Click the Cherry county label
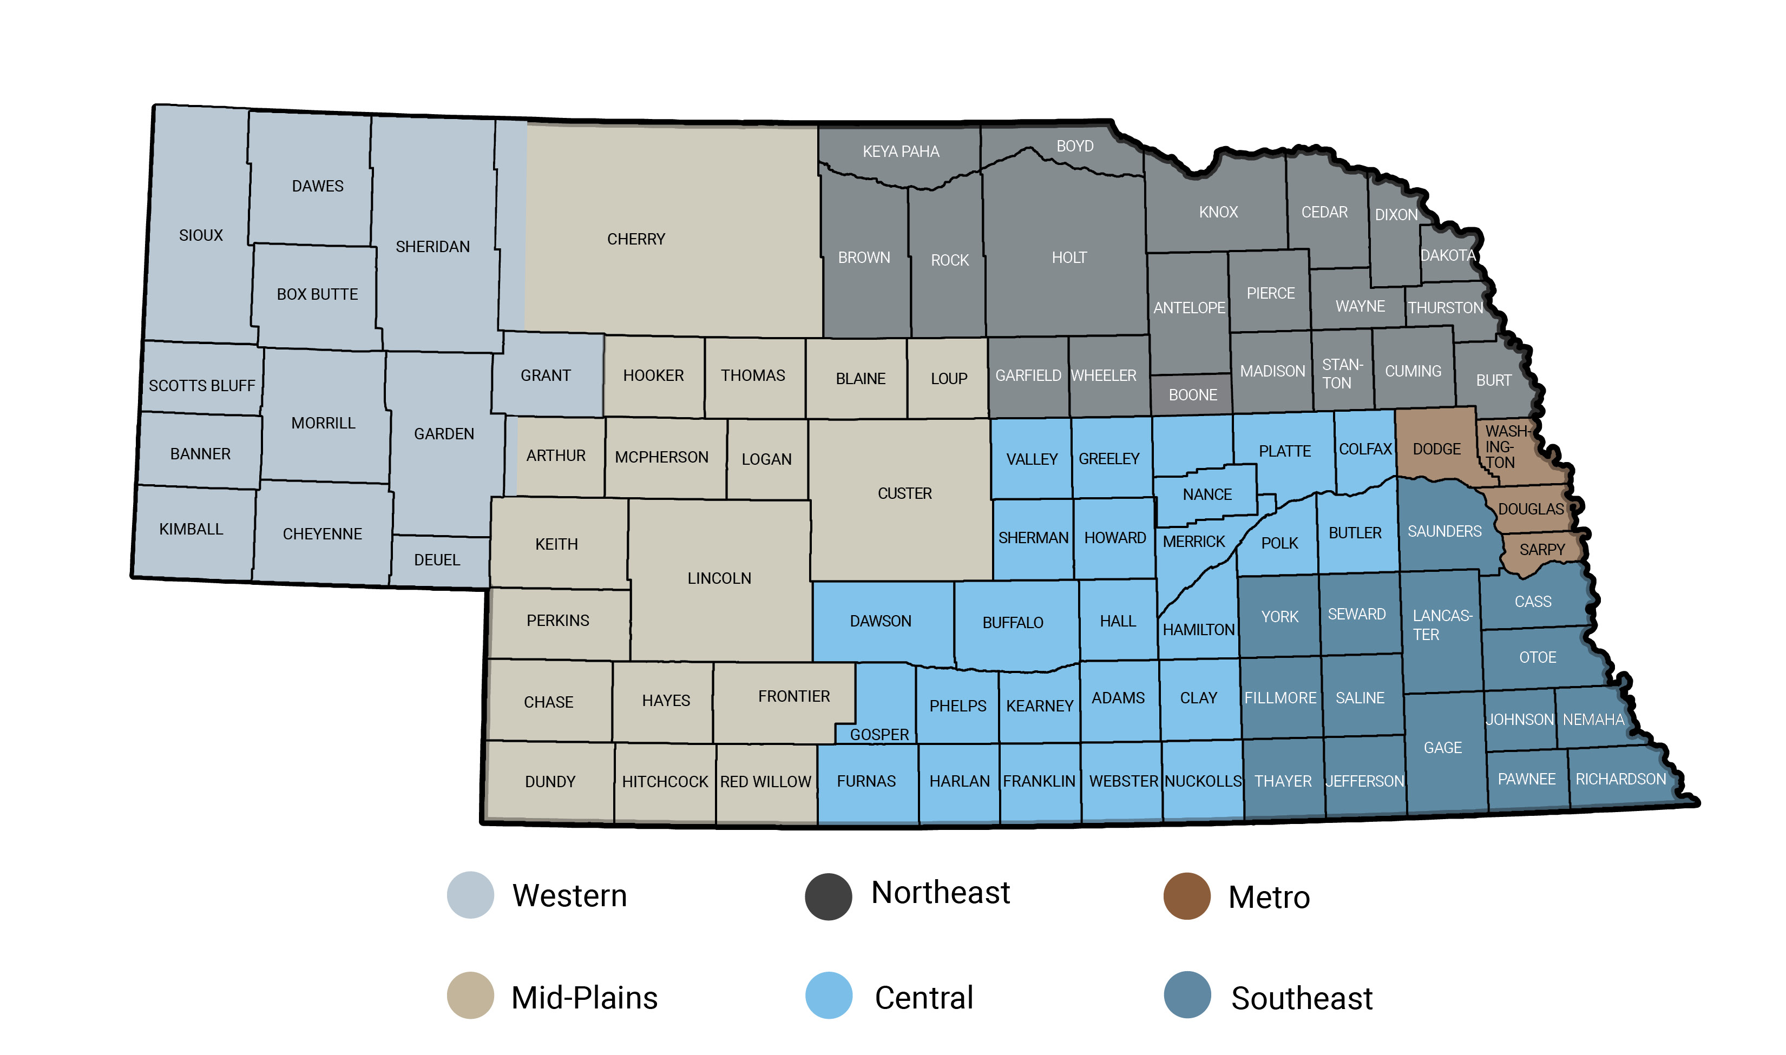635,239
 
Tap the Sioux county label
200,235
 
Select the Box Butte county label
317,294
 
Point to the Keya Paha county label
900,151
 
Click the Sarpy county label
1541,550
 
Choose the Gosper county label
879,734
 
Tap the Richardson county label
1620,779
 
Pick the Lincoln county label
719,579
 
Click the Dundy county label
549,782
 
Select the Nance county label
1206,495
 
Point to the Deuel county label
437,560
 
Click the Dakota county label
1448,255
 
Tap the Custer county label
904,493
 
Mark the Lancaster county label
1441,625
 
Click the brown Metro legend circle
1186,896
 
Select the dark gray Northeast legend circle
828,896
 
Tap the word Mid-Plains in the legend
584,998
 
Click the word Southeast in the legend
1301,998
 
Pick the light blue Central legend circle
828,995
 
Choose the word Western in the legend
569,896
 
